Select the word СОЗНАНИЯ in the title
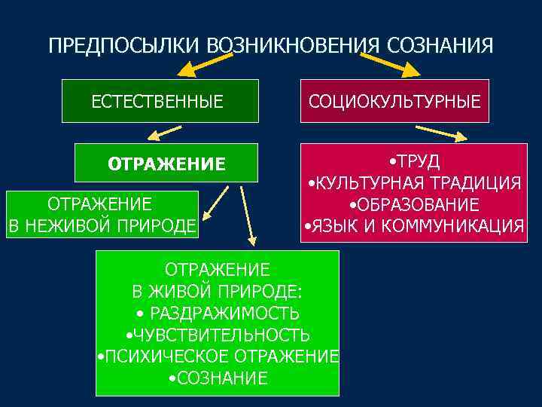pos(440,46)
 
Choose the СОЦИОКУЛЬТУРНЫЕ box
pos(394,101)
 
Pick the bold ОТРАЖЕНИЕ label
pos(166,164)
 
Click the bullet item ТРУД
pos(415,162)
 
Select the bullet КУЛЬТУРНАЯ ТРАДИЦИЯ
pos(415,183)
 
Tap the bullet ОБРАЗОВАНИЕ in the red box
pos(415,204)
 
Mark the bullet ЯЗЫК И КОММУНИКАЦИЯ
pos(415,225)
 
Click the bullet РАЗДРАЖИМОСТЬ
pos(218,313)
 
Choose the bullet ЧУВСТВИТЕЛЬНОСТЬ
pos(218,335)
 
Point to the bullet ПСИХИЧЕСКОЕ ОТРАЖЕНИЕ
pos(219,356)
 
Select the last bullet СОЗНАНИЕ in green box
pos(218,378)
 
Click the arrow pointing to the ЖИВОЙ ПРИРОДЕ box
pos(247,215)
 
